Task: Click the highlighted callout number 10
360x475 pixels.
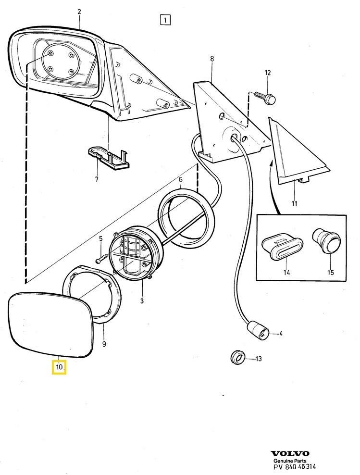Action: click(x=59, y=368)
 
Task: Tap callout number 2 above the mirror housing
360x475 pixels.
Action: click(x=79, y=12)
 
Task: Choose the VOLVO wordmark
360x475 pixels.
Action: click(x=290, y=453)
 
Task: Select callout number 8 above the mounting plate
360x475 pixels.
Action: click(x=211, y=59)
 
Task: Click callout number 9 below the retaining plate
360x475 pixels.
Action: click(x=104, y=344)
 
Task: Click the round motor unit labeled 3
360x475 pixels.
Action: click(x=132, y=254)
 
